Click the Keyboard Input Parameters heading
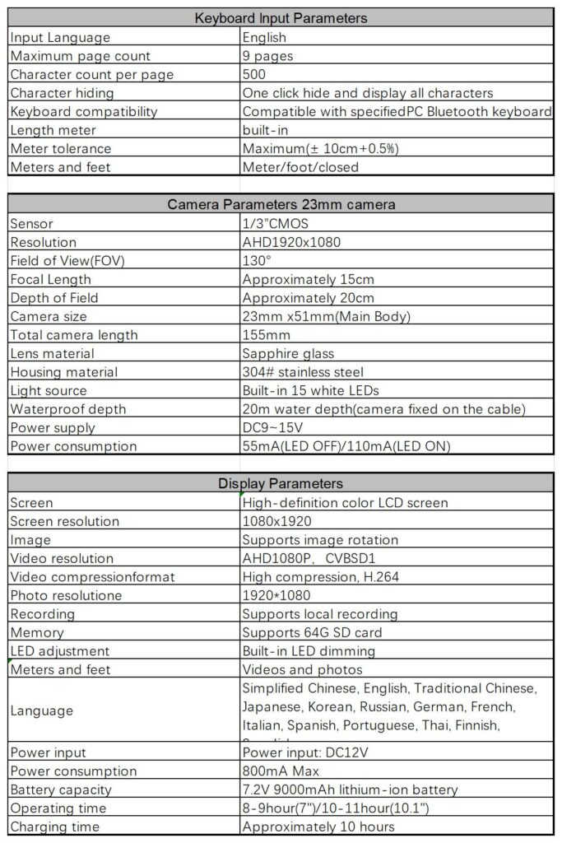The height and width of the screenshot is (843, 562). click(281, 18)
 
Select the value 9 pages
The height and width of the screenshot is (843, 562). click(267, 56)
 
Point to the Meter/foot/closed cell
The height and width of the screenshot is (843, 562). click(300, 167)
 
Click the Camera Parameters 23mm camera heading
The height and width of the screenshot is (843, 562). click(281, 204)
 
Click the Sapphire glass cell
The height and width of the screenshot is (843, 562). click(288, 353)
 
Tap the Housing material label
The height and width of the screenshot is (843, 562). click(63, 372)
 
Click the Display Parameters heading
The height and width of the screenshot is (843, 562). click(281, 483)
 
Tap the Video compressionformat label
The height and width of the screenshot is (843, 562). click(93, 577)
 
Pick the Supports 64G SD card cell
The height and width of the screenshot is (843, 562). click(312, 632)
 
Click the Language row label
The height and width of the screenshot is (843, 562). click(42, 710)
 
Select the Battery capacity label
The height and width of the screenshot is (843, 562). click(62, 789)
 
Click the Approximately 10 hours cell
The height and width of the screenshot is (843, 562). click(318, 827)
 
